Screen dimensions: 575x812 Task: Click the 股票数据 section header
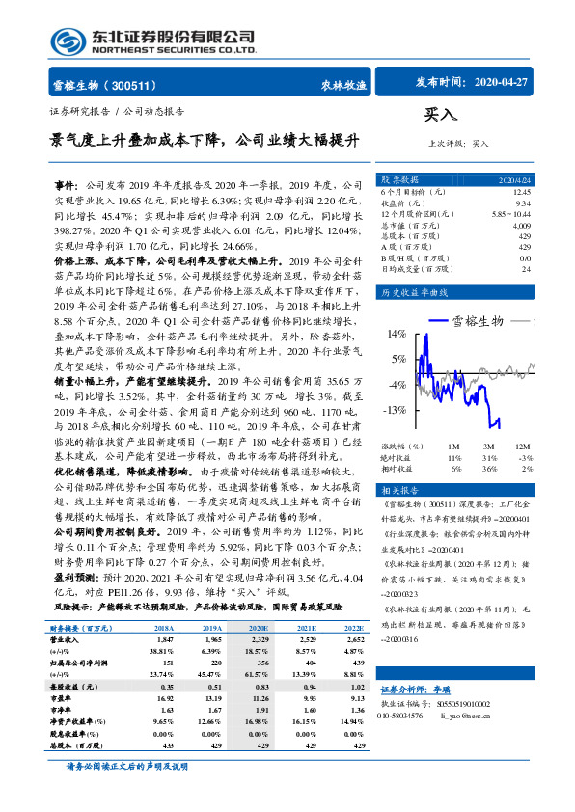398,180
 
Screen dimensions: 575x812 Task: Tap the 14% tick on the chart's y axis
395,334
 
